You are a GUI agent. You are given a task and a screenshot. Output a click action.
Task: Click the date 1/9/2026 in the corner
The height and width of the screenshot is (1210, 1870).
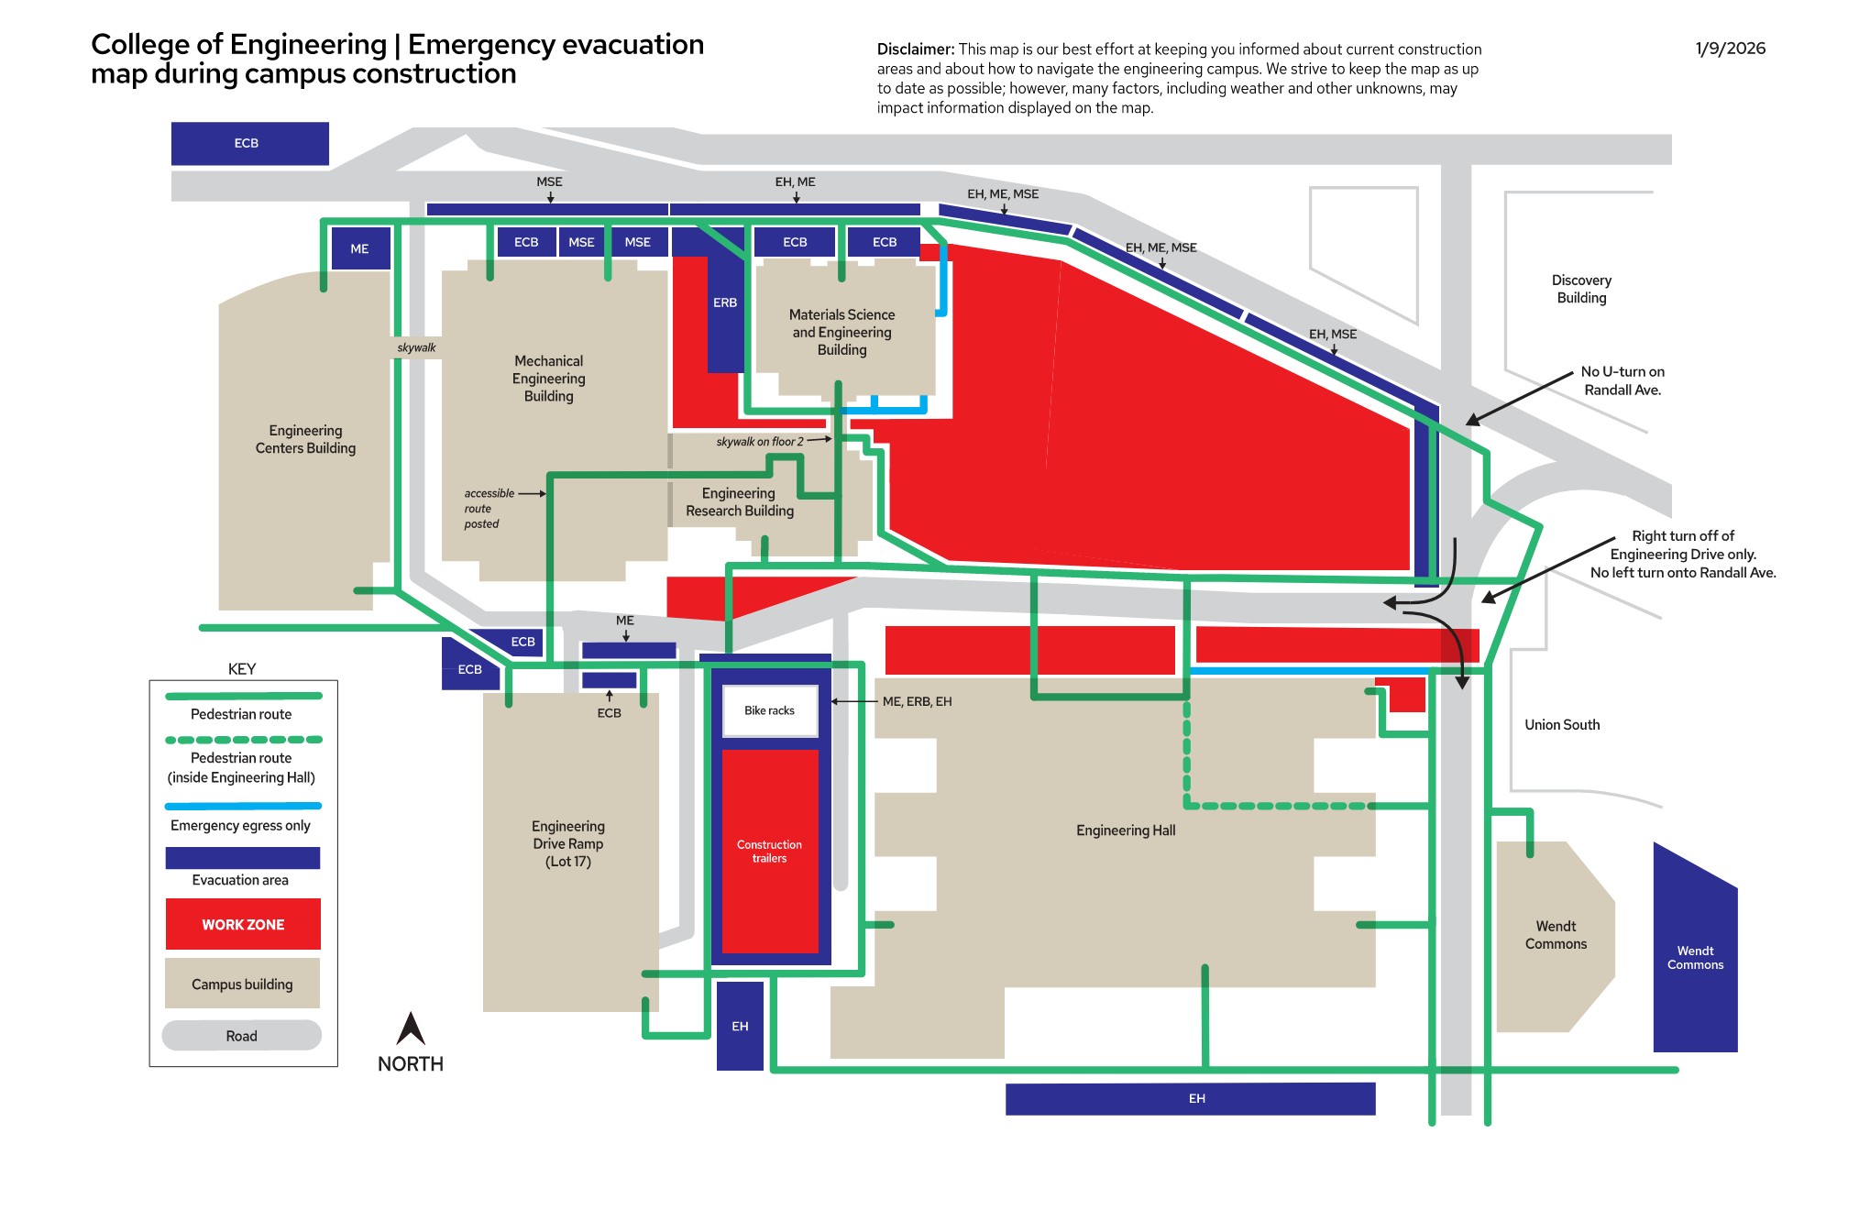click(1730, 49)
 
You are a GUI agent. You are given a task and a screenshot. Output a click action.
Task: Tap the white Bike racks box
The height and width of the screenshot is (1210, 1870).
click(770, 710)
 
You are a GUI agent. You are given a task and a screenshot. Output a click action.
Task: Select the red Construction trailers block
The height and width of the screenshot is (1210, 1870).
click(770, 852)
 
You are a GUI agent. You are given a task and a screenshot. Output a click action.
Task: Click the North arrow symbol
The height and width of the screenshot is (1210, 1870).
click(411, 1028)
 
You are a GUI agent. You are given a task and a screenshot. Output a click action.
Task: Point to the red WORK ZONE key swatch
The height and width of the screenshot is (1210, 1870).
click(243, 924)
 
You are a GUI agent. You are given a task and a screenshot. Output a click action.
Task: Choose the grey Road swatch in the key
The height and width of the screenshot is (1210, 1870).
click(242, 1036)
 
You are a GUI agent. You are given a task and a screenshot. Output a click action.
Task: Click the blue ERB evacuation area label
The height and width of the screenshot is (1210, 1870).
click(725, 302)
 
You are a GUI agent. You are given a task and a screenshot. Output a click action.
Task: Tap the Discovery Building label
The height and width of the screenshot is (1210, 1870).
click(1581, 289)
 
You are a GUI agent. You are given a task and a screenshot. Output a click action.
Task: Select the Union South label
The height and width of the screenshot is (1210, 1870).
click(1562, 724)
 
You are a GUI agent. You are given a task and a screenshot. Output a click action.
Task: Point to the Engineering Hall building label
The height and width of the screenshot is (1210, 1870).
click(1126, 830)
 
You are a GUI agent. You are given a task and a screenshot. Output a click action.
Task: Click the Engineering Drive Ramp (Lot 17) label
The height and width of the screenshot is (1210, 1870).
click(568, 843)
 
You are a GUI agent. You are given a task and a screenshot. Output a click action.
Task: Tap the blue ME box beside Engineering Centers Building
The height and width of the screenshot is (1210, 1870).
click(359, 248)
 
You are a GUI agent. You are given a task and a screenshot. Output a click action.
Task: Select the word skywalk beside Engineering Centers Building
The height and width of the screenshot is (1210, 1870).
click(416, 347)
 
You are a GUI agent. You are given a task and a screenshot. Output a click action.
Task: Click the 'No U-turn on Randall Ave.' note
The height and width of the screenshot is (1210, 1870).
click(1622, 380)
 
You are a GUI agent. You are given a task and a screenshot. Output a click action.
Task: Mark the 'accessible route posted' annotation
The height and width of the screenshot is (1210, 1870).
click(489, 509)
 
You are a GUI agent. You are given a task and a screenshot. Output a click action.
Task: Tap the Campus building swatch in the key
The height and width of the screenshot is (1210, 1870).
click(242, 984)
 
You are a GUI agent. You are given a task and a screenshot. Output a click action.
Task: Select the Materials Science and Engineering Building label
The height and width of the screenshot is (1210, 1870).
click(841, 332)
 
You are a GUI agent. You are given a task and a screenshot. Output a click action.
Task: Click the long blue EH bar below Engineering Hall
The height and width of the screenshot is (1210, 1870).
click(1191, 1099)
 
